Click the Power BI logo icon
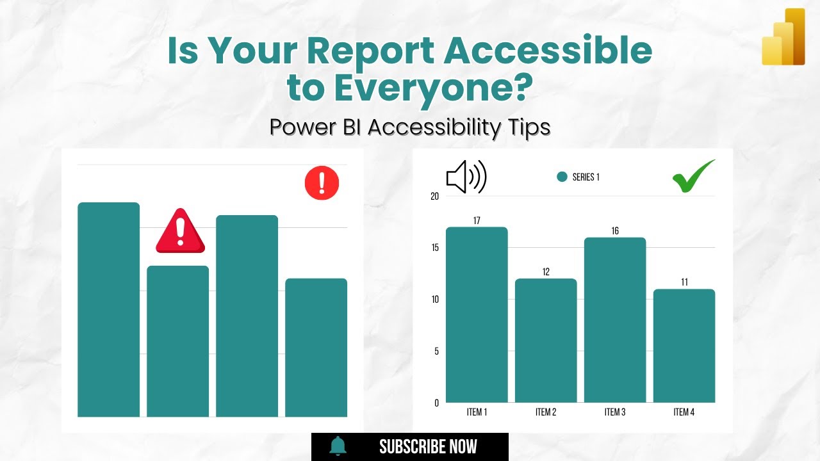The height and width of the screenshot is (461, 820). (783, 37)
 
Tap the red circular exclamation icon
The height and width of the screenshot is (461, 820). (322, 182)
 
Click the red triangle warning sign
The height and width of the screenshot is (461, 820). (180, 231)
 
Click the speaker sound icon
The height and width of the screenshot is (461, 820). (466, 177)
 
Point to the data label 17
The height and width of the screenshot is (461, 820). (477, 221)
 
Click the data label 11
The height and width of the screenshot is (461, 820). (684, 282)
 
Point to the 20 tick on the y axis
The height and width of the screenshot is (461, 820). (435, 197)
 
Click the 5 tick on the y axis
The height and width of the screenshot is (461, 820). (436, 352)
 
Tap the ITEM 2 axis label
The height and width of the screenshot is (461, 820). (546, 412)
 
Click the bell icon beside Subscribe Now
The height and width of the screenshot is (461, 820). (338, 446)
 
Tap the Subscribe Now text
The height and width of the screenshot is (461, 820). (428, 447)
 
